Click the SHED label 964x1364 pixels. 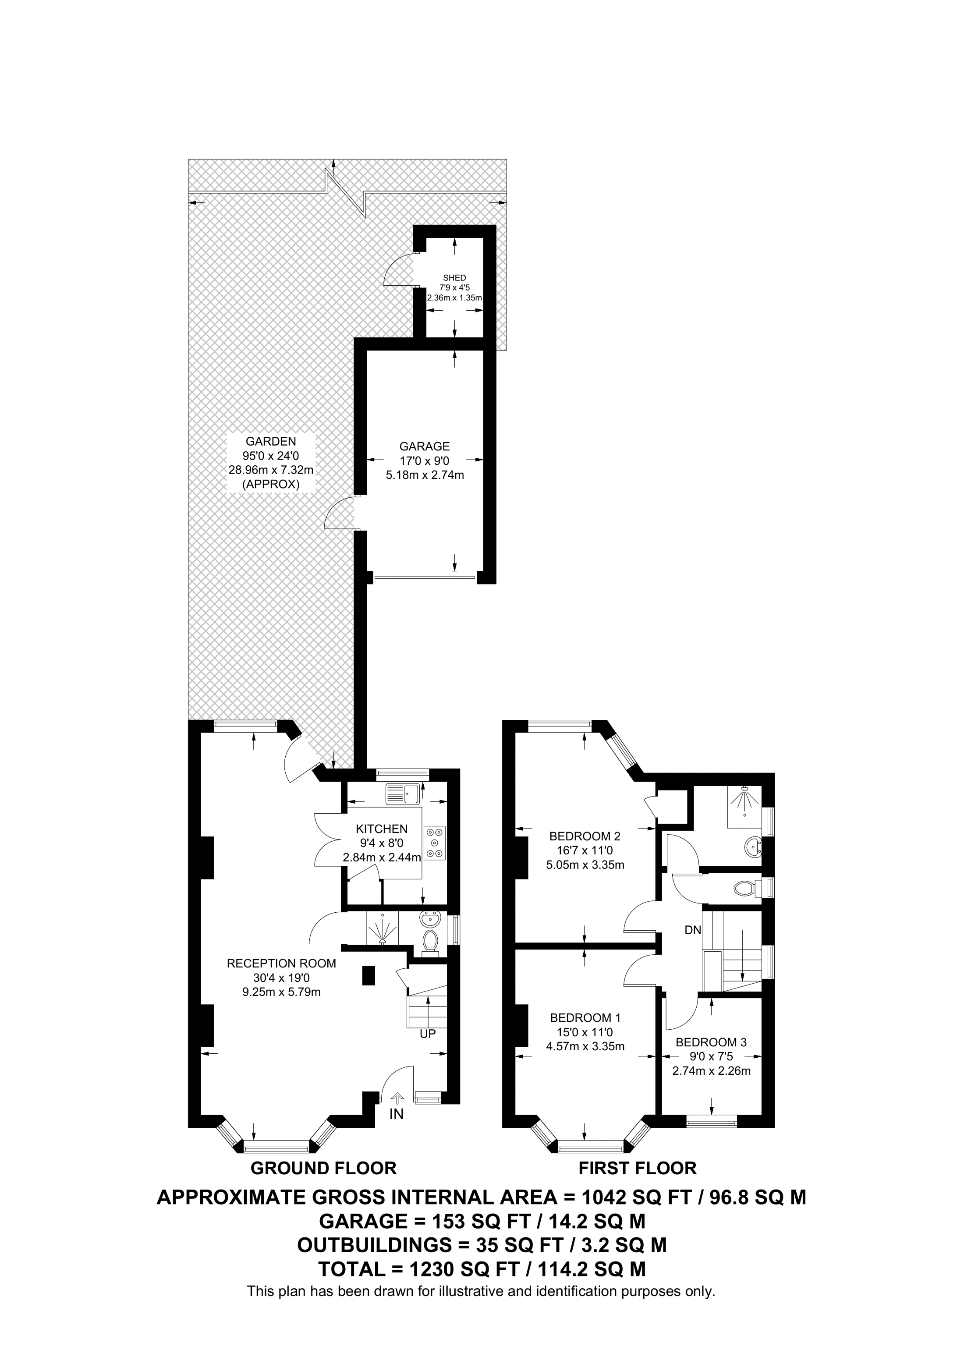pos(454,277)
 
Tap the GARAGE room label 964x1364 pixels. pos(424,446)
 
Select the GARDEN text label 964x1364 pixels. pos(271,441)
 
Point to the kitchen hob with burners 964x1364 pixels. pos(435,843)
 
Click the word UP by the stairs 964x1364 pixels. pos(428,1034)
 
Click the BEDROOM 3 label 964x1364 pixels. pos(711,1042)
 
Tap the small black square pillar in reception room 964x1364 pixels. pos(368,975)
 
